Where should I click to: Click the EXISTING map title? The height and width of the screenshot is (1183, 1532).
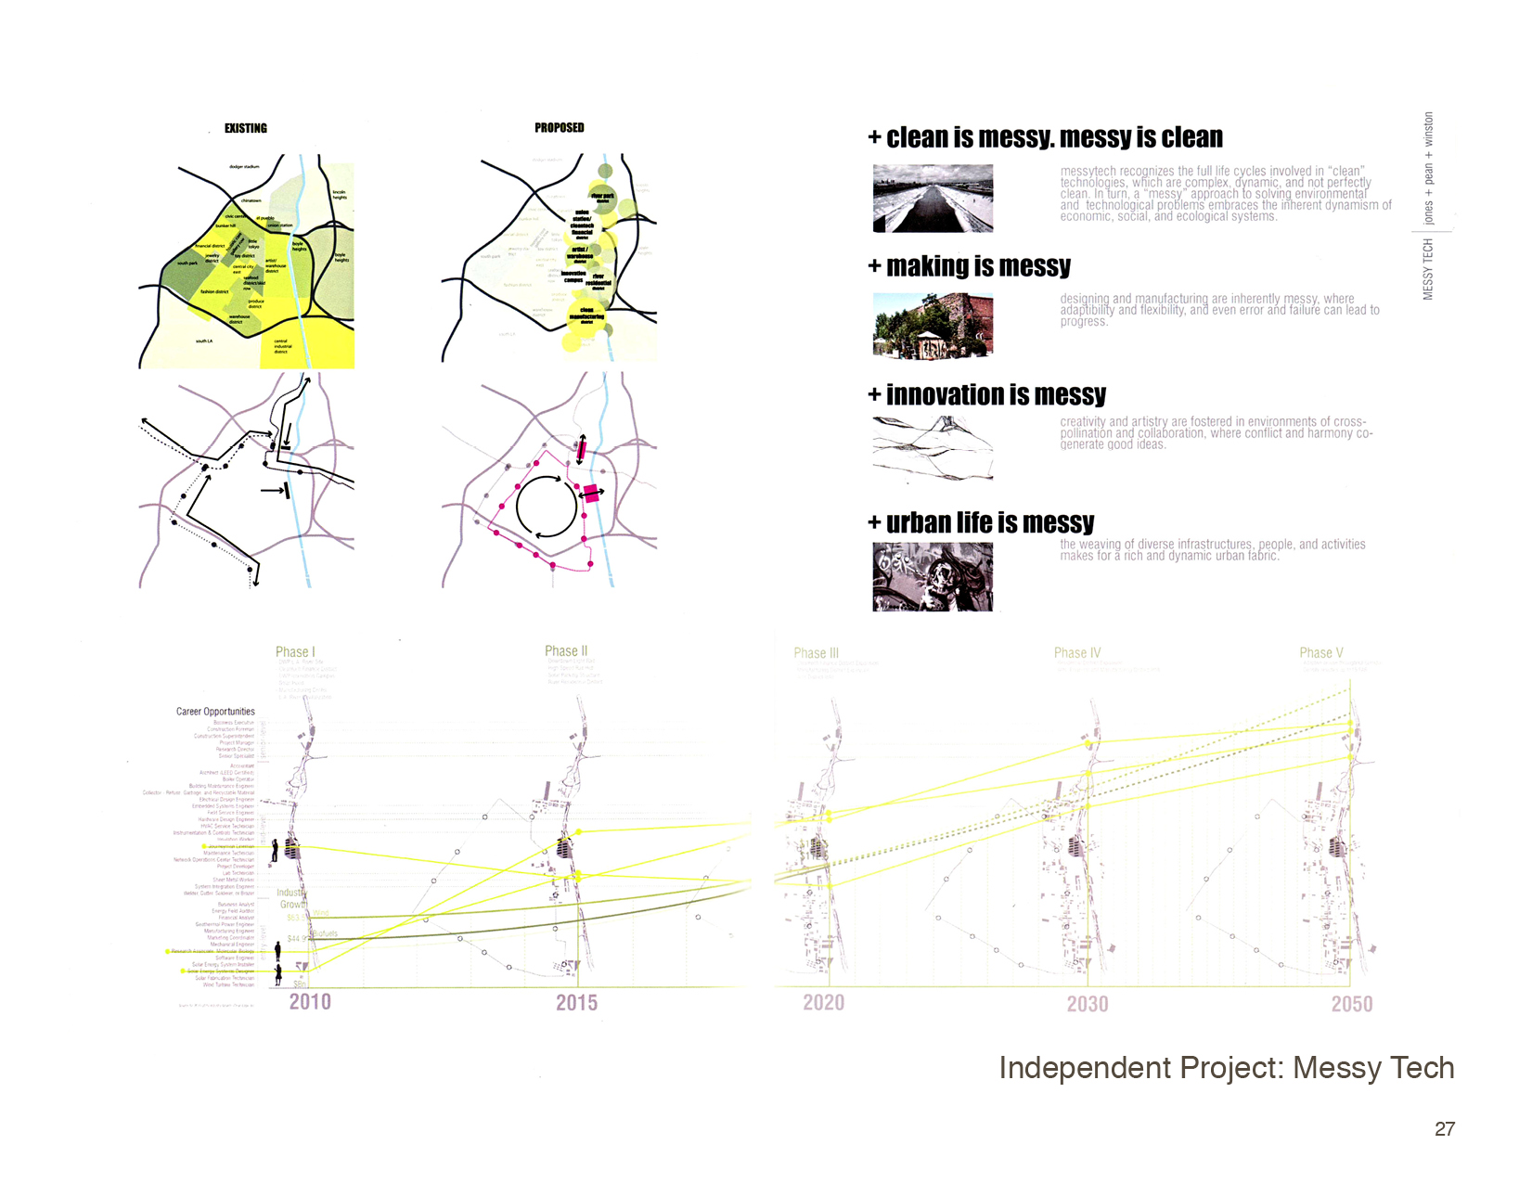(246, 129)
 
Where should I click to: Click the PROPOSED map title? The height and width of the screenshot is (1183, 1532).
(560, 128)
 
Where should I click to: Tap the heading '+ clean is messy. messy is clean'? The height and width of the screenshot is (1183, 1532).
(1046, 138)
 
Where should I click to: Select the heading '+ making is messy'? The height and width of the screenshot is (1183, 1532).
(970, 267)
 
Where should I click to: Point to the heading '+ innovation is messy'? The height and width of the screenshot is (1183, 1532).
(987, 395)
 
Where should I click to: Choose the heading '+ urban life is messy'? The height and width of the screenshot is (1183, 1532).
(982, 523)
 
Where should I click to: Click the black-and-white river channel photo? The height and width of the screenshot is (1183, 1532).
(933, 199)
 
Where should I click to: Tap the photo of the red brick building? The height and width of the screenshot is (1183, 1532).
(933, 326)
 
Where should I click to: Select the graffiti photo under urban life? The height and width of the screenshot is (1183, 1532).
(933, 577)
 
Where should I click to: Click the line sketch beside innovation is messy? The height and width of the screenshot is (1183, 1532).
(933, 448)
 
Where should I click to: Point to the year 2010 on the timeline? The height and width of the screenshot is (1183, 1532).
(310, 1002)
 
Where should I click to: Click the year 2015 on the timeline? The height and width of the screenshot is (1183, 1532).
(576, 1003)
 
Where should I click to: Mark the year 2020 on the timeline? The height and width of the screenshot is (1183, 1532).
(824, 1003)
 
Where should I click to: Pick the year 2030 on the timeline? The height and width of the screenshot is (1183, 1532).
(1088, 1004)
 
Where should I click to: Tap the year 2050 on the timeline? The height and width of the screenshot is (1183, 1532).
(1352, 1004)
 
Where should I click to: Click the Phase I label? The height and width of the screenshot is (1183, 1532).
(295, 652)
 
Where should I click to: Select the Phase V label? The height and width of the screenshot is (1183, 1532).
(1321, 653)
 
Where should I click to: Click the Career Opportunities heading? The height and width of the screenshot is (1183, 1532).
(215, 712)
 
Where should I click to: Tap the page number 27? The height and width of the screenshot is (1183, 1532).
(1445, 1129)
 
